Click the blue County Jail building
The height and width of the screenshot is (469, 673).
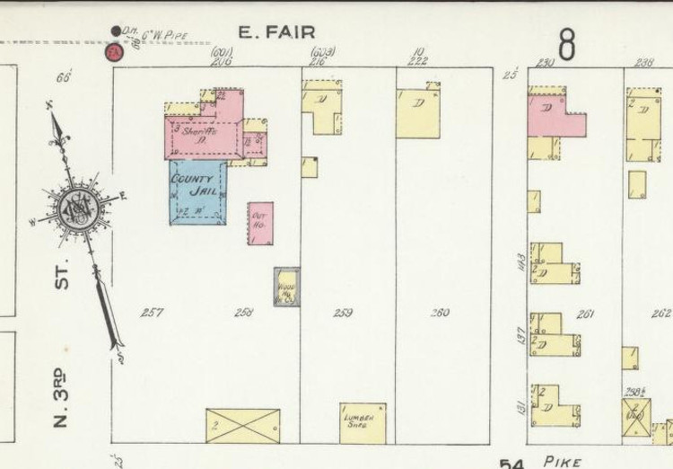coord(198,190)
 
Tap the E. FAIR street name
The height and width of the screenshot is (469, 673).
coord(276,33)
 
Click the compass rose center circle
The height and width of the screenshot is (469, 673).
coord(74,208)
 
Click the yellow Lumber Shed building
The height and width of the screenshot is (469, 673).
coord(363,422)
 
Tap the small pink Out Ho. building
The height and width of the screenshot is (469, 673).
coord(260,222)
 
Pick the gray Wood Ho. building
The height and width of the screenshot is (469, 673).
coord(287,286)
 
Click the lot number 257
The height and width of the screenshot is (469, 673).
coord(152,313)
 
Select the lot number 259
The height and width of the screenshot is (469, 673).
coord(342,313)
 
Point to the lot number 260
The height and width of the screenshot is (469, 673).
coord(440,313)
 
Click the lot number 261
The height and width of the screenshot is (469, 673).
coord(585,314)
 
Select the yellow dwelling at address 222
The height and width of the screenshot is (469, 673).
coord(418,112)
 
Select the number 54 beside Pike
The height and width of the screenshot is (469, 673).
coord(512,463)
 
